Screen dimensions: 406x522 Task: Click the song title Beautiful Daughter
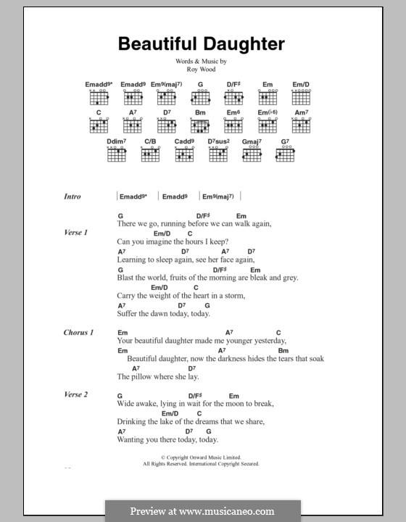point(202,44)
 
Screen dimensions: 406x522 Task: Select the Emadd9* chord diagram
point(98,98)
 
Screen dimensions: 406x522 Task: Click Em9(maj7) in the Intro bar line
point(219,196)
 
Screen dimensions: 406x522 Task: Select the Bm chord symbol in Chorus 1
point(283,350)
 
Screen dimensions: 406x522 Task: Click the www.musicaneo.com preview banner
point(202,510)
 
